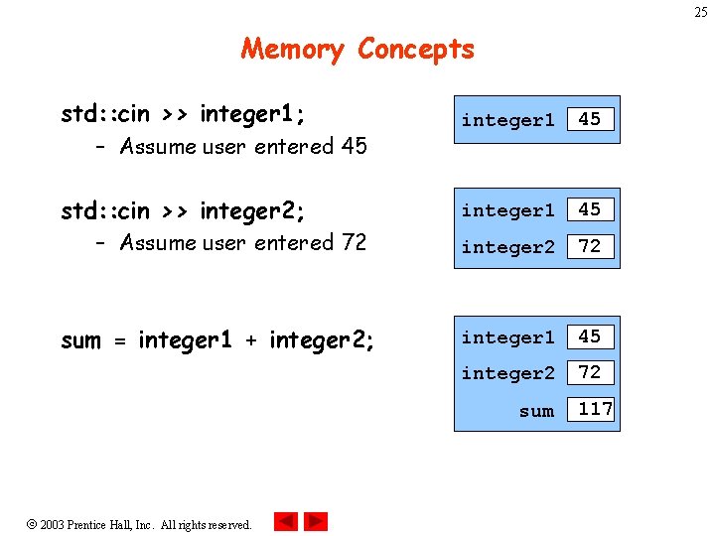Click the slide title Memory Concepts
tap(357, 49)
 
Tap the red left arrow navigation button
tap(286, 521)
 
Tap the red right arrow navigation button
tap(316, 521)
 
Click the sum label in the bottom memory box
tap(536, 410)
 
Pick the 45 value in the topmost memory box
tap(590, 119)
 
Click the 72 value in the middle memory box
tap(590, 246)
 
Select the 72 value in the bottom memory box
tap(590, 372)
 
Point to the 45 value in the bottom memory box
tap(590, 336)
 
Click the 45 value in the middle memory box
tap(590, 209)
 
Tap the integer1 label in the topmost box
tap(507, 120)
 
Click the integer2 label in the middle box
tap(507, 247)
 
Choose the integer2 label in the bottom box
tap(507, 373)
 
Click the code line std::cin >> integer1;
tap(183, 114)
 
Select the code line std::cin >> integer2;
tap(183, 210)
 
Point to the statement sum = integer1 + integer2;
tap(217, 340)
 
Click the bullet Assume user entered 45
tap(242, 147)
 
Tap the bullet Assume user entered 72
tap(242, 242)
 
